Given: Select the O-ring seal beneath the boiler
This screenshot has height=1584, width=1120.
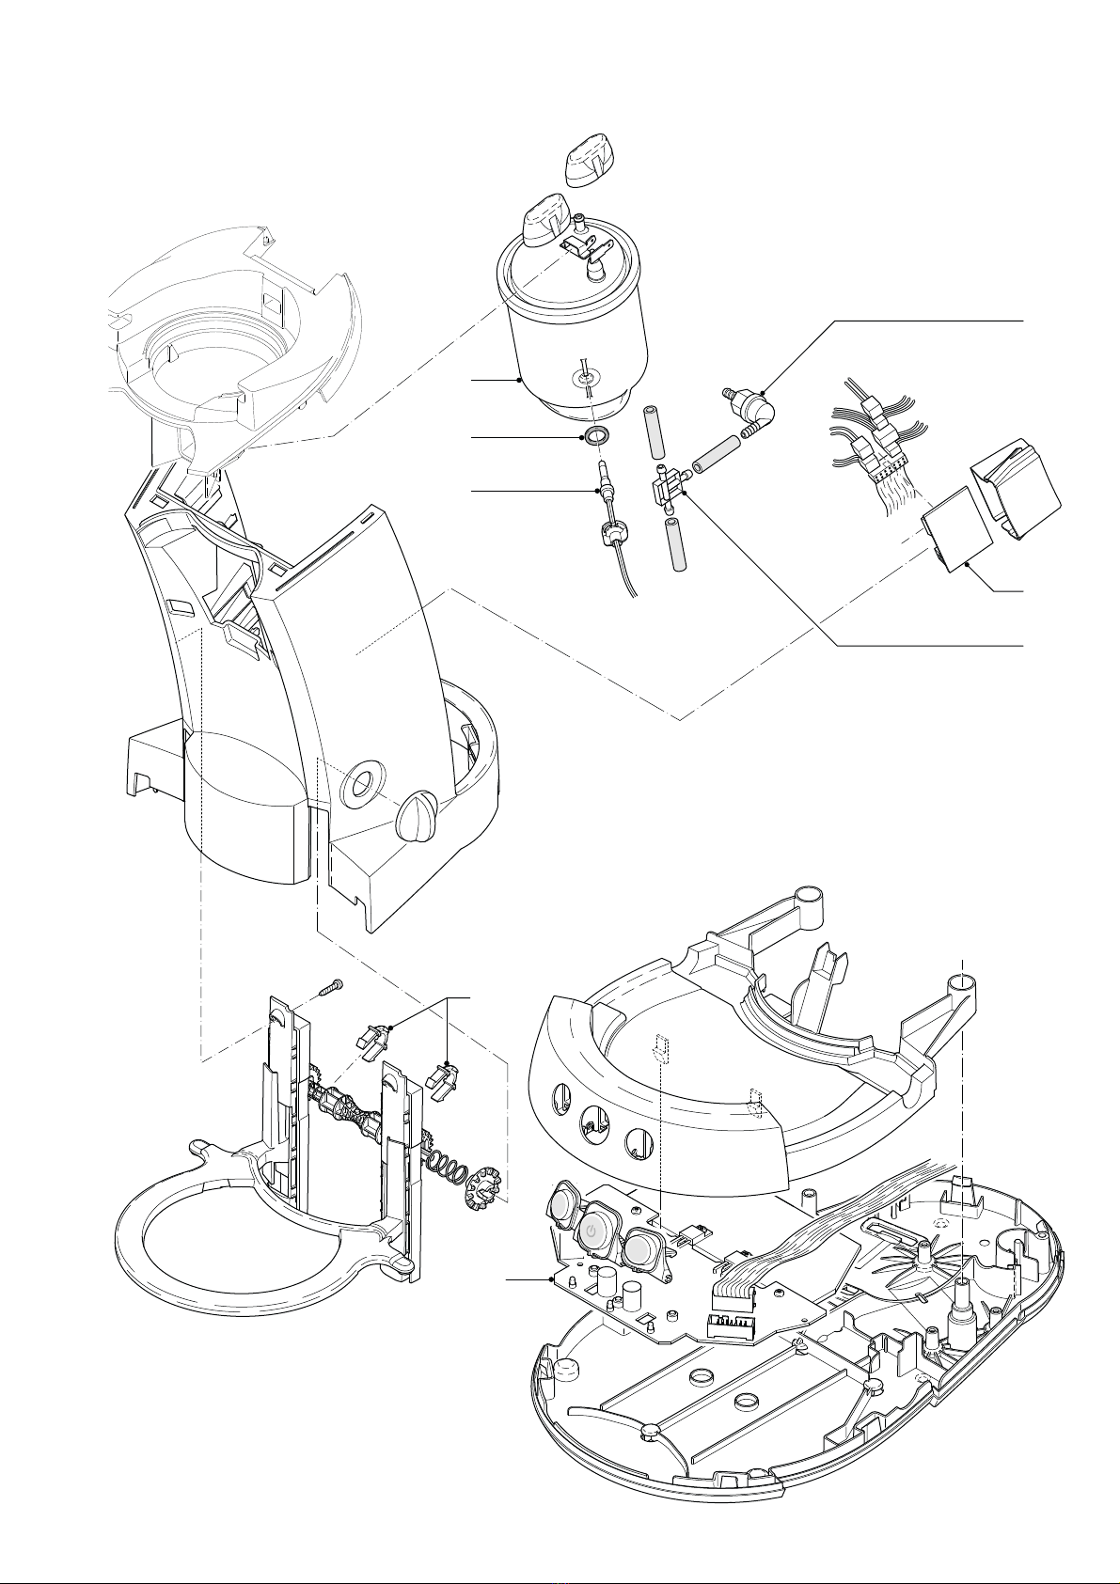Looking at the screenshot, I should [595, 435].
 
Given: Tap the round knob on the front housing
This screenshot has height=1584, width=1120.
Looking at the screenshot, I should [418, 815].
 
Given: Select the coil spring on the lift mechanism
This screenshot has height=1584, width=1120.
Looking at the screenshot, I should [447, 1166].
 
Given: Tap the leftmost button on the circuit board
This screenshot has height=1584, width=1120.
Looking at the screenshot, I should [562, 1206].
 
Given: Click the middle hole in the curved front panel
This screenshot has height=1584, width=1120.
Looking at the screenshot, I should [592, 1121].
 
